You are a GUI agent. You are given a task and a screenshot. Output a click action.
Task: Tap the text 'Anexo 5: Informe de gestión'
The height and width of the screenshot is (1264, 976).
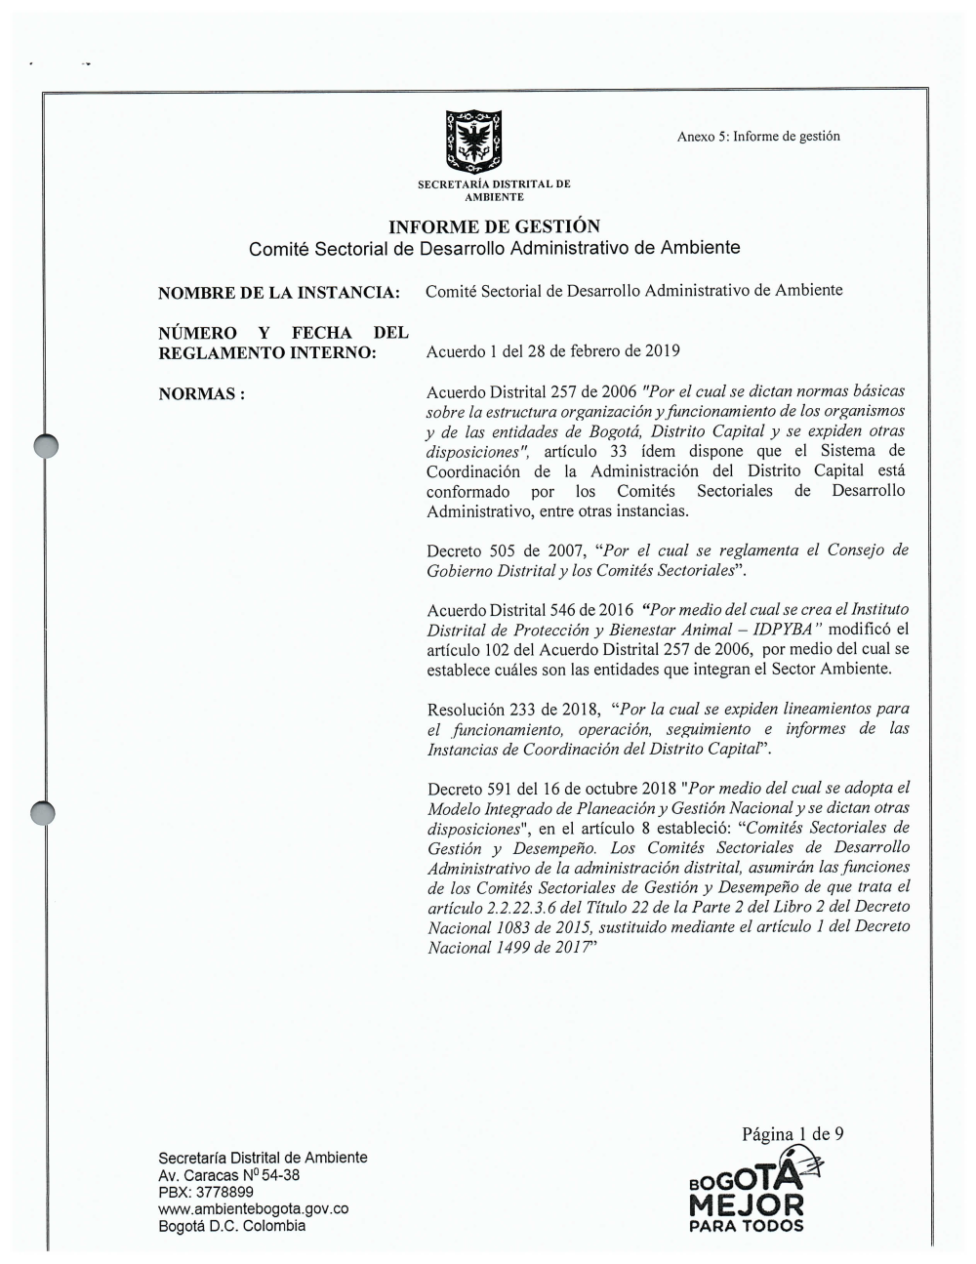tap(758, 137)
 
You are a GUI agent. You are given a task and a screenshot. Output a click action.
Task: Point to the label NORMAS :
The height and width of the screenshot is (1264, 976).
tap(201, 394)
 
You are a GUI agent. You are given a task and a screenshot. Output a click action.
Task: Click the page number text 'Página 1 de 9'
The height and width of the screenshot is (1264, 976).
tap(793, 1134)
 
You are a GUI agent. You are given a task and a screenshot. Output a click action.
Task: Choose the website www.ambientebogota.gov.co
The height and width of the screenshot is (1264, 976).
tap(254, 1209)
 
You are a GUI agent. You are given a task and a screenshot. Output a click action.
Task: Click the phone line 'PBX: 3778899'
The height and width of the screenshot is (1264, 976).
tap(206, 1192)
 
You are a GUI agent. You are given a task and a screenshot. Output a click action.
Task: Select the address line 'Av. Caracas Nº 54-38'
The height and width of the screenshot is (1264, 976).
tap(229, 1175)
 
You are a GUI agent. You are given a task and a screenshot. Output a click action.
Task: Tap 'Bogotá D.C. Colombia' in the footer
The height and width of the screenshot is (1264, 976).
tap(232, 1226)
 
